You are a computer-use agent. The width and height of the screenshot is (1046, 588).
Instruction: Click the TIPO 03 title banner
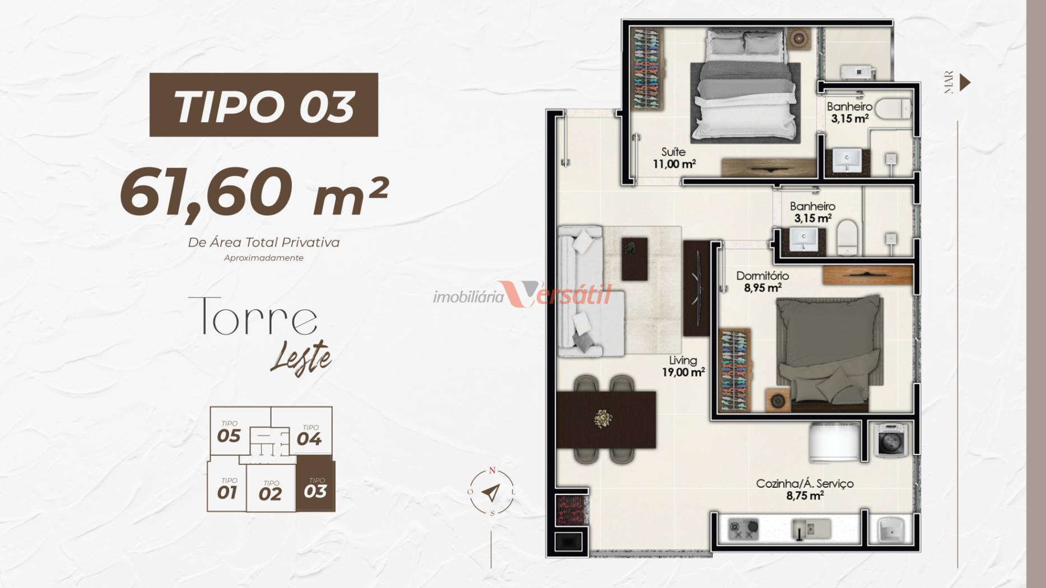pyautogui.click(x=264, y=105)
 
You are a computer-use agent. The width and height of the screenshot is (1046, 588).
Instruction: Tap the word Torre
pyautogui.click(x=253, y=316)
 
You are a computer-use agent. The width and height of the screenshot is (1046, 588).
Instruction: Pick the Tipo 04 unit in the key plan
pyautogui.click(x=309, y=435)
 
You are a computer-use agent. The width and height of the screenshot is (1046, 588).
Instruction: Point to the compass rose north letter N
pyautogui.click(x=492, y=470)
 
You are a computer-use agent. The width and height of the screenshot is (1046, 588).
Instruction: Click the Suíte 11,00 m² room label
pyautogui.click(x=674, y=158)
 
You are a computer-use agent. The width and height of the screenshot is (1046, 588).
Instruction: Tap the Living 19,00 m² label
pyautogui.click(x=684, y=366)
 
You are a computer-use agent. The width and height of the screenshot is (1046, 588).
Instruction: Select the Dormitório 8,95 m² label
pyautogui.click(x=763, y=282)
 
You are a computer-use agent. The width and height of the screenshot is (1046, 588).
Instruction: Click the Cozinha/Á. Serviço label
pyautogui.click(x=805, y=489)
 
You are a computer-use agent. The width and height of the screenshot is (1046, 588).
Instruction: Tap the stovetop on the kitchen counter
pyautogui.click(x=743, y=529)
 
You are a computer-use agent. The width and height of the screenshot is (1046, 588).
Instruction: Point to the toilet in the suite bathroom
pyautogui.click(x=894, y=108)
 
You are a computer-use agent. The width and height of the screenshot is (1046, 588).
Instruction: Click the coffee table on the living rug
pyautogui.click(x=634, y=259)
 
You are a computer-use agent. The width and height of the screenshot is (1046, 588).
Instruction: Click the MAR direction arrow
pyautogui.click(x=965, y=82)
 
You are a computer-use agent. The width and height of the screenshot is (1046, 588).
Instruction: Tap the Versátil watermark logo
pyautogui.click(x=522, y=295)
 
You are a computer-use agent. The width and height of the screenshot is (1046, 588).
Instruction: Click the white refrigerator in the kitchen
pyautogui.click(x=834, y=442)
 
